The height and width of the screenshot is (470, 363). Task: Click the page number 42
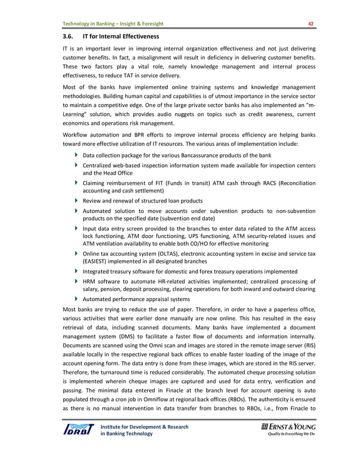pos(311,23)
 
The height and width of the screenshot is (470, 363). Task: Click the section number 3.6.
pos(68,37)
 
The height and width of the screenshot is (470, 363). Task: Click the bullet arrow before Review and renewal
pos(77,201)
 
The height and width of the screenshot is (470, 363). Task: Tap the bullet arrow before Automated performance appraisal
pos(77,299)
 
